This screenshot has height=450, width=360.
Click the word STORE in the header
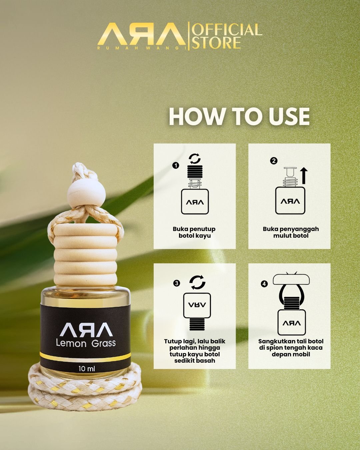click(216, 43)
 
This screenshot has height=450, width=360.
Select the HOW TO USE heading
click(239, 116)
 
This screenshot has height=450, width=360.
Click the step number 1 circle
click(176, 166)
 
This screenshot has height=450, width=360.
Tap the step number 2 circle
click(274, 161)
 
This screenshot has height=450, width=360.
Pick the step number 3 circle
click(177, 283)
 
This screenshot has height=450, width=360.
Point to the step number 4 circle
click(264, 284)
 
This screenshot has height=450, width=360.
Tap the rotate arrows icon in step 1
click(195, 159)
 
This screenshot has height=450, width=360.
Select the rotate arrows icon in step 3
click(197, 283)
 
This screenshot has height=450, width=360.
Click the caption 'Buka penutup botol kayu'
click(194, 232)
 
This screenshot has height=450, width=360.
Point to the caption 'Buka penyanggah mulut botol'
click(291, 232)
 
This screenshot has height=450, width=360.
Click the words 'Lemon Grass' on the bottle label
click(86, 343)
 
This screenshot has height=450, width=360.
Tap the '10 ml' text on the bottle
click(87, 369)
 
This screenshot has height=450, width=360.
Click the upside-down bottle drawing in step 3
click(197, 312)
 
